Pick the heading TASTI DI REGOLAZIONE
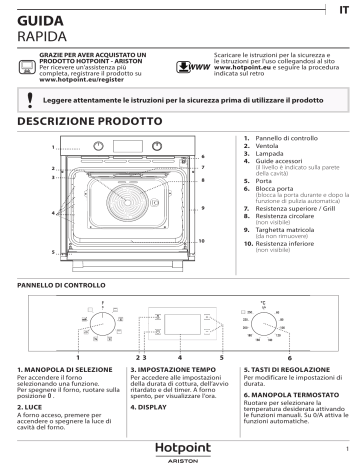[x=288, y=370]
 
